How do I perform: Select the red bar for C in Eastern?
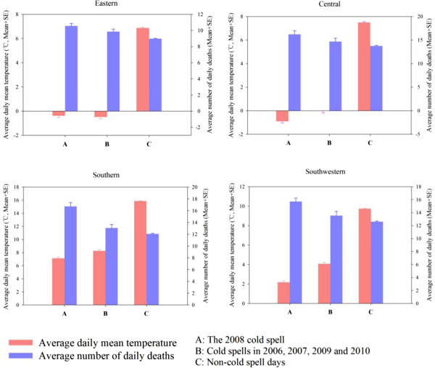coord(142,70)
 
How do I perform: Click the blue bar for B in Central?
coord(335,76)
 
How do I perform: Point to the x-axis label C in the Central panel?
coord(370,142)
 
